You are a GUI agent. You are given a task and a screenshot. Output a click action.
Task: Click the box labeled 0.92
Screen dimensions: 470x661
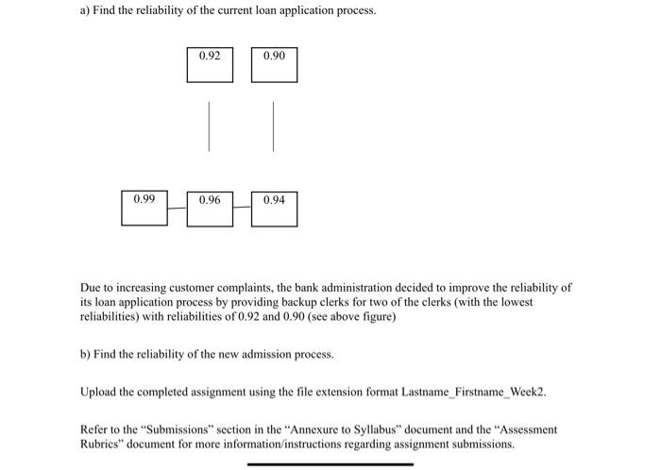(210, 64)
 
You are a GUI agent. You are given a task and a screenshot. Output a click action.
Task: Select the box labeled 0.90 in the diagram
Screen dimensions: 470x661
(274, 64)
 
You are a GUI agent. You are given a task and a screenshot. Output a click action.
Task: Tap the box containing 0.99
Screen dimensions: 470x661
(144, 208)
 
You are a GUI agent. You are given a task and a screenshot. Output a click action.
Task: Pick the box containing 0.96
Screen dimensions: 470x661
(210, 208)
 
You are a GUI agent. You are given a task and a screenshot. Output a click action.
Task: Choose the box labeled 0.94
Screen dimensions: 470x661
(274, 208)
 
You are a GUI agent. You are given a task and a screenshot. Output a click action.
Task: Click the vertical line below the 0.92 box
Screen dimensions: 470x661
(210, 126)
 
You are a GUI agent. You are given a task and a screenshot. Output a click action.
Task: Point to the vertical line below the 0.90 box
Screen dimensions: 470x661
(274, 126)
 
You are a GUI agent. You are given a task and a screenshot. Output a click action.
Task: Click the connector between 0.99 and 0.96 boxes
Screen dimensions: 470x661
(178, 208)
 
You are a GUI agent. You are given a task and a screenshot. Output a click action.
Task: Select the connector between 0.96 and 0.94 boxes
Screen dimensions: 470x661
(243, 208)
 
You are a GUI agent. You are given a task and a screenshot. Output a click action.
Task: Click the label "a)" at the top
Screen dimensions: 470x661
(84, 10)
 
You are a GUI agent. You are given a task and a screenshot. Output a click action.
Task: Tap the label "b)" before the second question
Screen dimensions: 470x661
(85, 355)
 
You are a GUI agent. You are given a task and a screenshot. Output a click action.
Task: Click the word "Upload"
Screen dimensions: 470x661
(99, 391)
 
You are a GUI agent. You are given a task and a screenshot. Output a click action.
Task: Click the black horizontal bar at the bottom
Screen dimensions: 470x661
(330, 463)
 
